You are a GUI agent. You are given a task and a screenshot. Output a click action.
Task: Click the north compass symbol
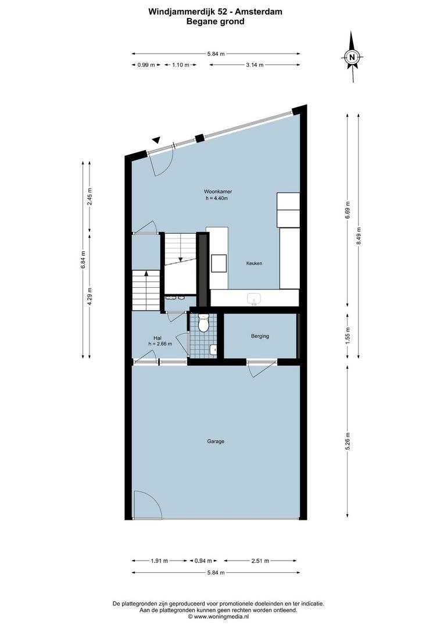(x=352, y=57)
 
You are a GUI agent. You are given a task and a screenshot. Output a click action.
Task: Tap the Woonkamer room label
(x=215, y=191)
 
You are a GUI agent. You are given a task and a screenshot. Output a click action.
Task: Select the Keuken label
(x=253, y=263)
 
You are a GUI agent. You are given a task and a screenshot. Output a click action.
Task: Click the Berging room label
(x=260, y=336)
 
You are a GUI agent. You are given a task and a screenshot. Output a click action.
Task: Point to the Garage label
(x=216, y=441)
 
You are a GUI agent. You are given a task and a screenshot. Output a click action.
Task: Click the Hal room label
(x=157, y=337)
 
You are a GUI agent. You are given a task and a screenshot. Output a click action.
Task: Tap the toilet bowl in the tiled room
(x=203, y=324)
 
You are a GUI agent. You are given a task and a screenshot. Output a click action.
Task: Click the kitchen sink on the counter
(x=254, y=298)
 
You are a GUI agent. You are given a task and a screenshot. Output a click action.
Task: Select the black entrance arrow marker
(x=156, y=140)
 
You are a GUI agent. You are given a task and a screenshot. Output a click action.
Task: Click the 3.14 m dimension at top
(x=254, y=65)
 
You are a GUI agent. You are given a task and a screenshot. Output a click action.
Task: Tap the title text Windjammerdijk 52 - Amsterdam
(x=215, y=10)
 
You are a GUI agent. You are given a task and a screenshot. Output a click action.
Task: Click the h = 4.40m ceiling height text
(x=216, y=198)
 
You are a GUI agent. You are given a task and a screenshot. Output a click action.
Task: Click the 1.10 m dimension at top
(x=180, y=65)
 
